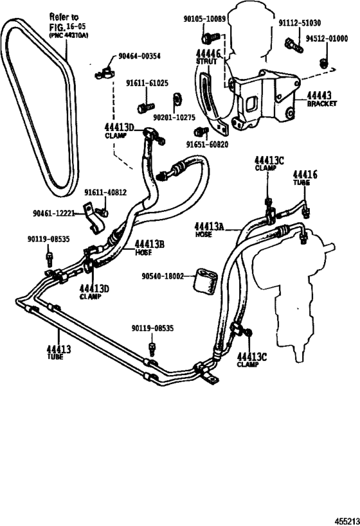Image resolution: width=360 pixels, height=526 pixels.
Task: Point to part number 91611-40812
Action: point(105,192)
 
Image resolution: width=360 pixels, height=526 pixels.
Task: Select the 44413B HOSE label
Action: point(150,247)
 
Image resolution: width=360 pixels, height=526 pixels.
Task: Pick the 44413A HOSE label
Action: point(209,229)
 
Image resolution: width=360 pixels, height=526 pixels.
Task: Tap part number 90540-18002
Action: point(162,276)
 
